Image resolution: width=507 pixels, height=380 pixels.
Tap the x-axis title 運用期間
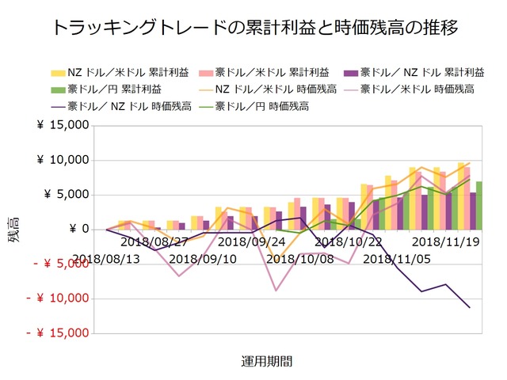click(x=266, y=361)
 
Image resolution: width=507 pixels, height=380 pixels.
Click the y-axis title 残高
click(x=15, y=230)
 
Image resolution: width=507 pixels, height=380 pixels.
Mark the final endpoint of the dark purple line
click(x=470, y=307)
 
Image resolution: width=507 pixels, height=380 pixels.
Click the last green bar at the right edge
click(x=478, y=205)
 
